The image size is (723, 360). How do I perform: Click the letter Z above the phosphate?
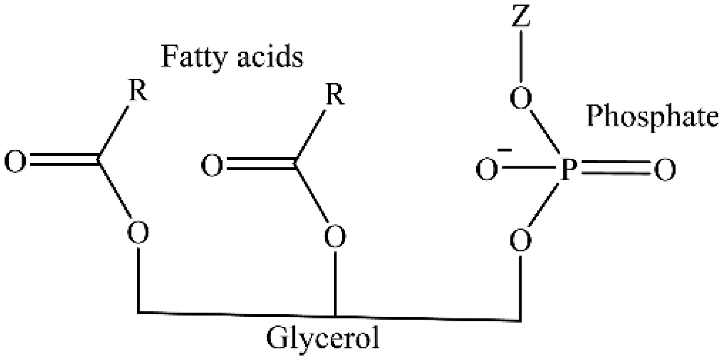[x=521, y=17]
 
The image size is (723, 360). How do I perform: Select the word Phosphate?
[x=652, y=116]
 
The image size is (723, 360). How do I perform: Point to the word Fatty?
[x=193, y=58]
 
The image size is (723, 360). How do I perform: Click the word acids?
[x=270, y=58]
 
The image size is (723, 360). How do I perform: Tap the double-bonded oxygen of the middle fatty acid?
[x=212, y=165]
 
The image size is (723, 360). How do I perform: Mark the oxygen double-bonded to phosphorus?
[x=665, y=170]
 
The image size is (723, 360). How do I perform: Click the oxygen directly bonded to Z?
[x=521, y=99]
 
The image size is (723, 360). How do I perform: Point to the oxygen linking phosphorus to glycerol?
[x=521, y=240]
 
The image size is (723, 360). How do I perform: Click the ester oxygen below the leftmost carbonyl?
[x=138, y=233]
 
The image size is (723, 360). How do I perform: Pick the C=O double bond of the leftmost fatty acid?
[x=63, y=160]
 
